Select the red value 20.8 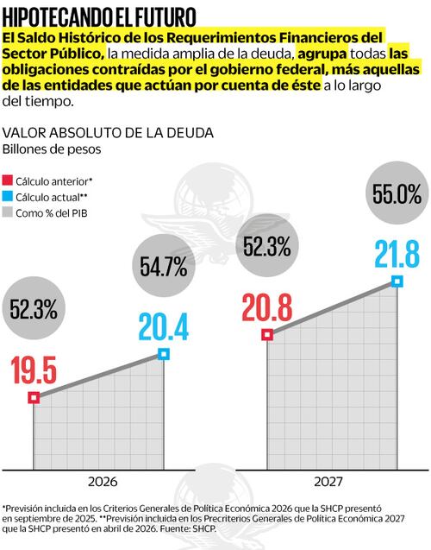267,307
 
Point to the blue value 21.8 397,256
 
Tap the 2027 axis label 332,480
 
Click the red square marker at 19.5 34,397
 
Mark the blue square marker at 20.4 164,354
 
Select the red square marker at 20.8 267,334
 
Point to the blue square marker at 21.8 397,281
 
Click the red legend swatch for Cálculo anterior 9,181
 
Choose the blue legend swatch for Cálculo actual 9,197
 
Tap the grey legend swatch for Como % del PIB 9,212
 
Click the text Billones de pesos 53,149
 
